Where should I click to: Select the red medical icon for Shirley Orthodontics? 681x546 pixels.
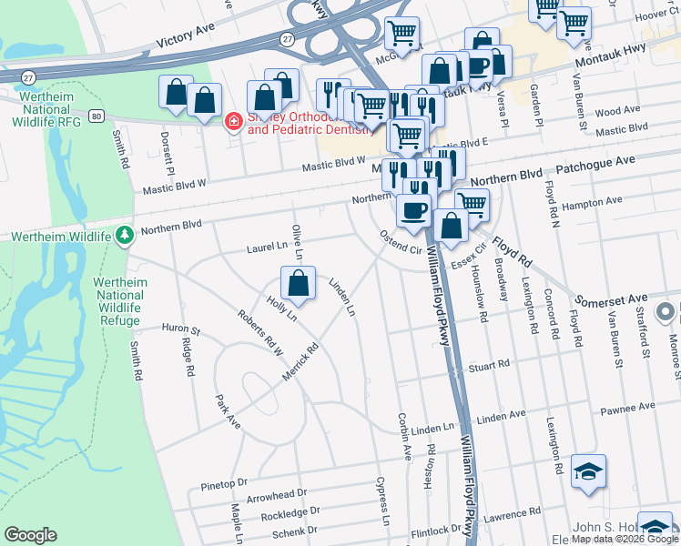[233, 121]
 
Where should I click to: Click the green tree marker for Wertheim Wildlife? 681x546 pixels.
[125, 237]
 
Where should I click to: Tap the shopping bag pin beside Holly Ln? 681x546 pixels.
[298, 283]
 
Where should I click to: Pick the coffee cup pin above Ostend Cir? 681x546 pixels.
[414, 210]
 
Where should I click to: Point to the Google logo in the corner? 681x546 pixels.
[30, 535]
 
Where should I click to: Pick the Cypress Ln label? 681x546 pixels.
[384, 503]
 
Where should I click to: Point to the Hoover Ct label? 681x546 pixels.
[656, 15]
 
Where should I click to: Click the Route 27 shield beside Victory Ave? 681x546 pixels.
[287, 39]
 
